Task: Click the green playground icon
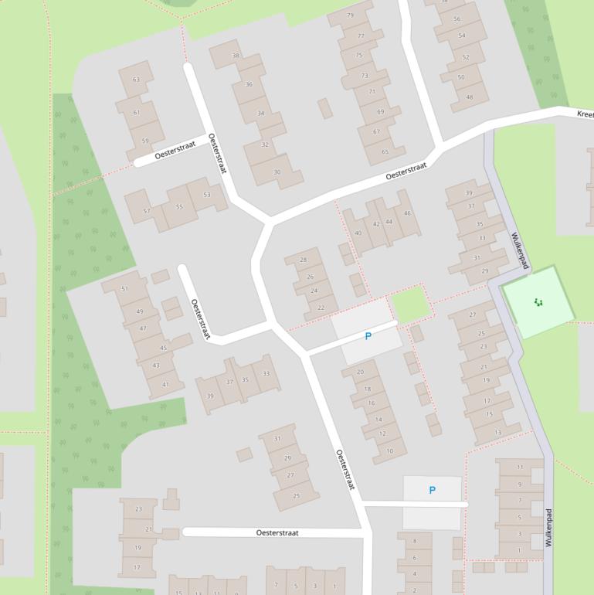pyautogui.click(x=539, y=302)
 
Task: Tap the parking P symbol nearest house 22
pyautogui.click(x=368, y=336)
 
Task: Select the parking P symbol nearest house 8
pyautogui.click(x=432, y=490)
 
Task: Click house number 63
pyautogui.click(x=137, y=80)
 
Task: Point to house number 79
pyautogui.click(x=350, y=15)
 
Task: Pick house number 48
pyautogui.click(x=470, y=97)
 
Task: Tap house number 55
pyautogui.click(x=180, y=206)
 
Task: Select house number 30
pyautogui.click(x=277, y=172)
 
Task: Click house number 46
pyautogui.click(x=407, y=213)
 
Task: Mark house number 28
pyautogui.click(x=304, y=260)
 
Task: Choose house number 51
pyautogui.click(x=125, y=289)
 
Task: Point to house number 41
pyautogui.click(x=165, y=384)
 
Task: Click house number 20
pyautogui.click(x=360, y=372)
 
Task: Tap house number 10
pyautogui.click(x=390, y=450)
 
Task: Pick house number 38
pyautogui.click(x=236, y=56)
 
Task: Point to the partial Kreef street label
pyautogui.click(x=585, y=114)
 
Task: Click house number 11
pyautogui.click(x=520, y=467)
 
